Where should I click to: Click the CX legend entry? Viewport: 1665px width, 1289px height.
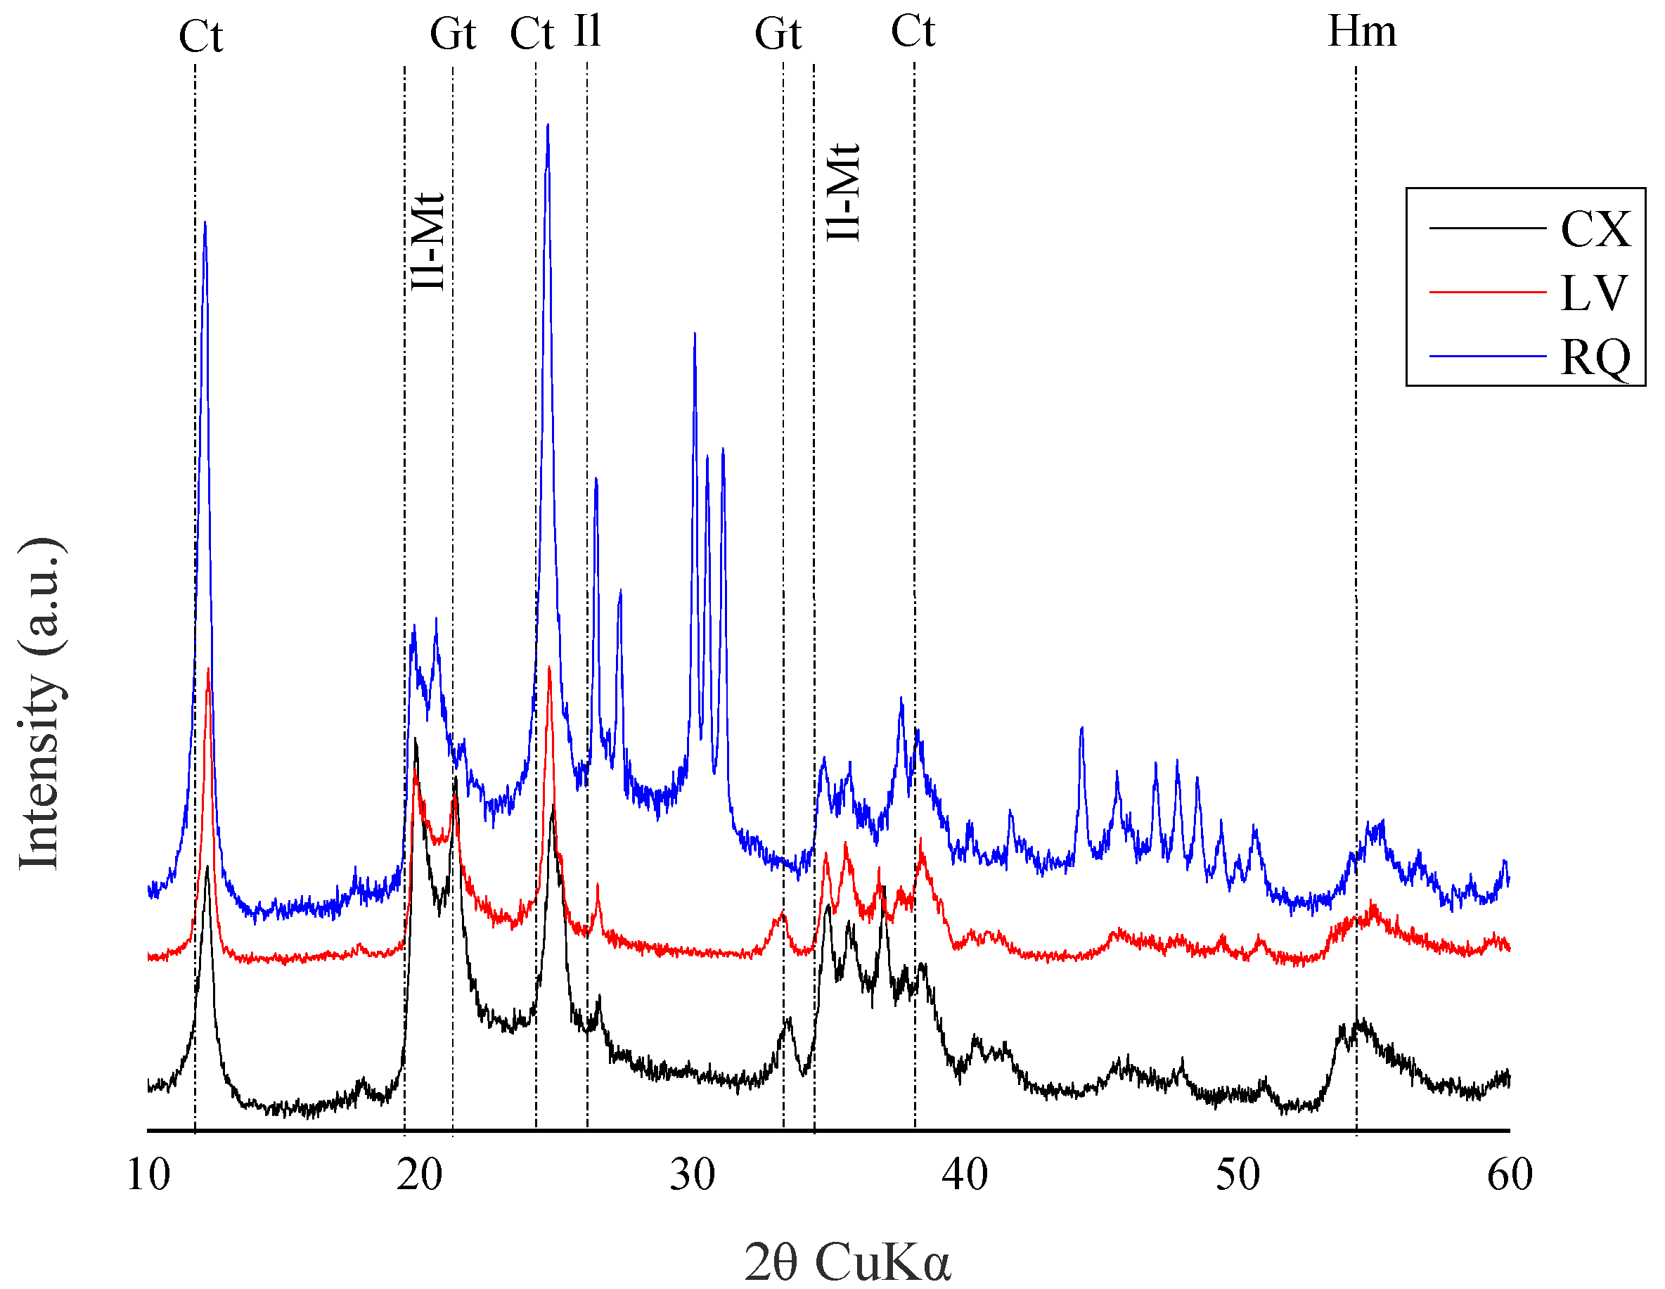pyautogui.click(x=1595, y=229)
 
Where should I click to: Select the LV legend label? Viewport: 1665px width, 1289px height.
pyautogui.click(x=1593, y=293)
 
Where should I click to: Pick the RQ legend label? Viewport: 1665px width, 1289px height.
pyautogui.click(x=1595, y=357)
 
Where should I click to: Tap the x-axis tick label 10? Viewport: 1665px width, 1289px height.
pyautogui.click(x=148, y=1174)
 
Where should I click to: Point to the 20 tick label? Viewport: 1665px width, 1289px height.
pyautogui.click(x=420, y=1174)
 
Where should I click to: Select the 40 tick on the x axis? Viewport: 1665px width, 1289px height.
pyautogui.click(x=965, y=1174)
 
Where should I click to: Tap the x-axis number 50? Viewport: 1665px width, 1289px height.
pyautogui.click(x=1238, y=1174)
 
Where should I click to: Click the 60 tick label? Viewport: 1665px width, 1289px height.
pyautogui.click(x=1510, y=1174)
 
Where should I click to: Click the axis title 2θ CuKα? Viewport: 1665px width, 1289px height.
pyautogui.click(x=847, y=1262)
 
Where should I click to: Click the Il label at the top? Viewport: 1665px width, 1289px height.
pyautogui.click(x=588, y=32)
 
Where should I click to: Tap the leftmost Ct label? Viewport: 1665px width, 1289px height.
pyautogui.click(x=200, y=37)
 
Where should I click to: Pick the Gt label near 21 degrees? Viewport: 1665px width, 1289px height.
pyautogui.click(x=454, y=34)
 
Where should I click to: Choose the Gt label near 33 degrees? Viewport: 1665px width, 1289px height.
pyautogui.click(x=778, y=34)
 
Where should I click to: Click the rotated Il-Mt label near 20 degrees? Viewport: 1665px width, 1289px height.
pyautogui.click(x=428, y=241)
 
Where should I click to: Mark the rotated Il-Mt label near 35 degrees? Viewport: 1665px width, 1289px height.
pyautogui.click(x=844, y=192)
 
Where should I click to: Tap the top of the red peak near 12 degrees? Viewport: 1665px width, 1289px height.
pyautogui.click(x=209, y=669)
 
